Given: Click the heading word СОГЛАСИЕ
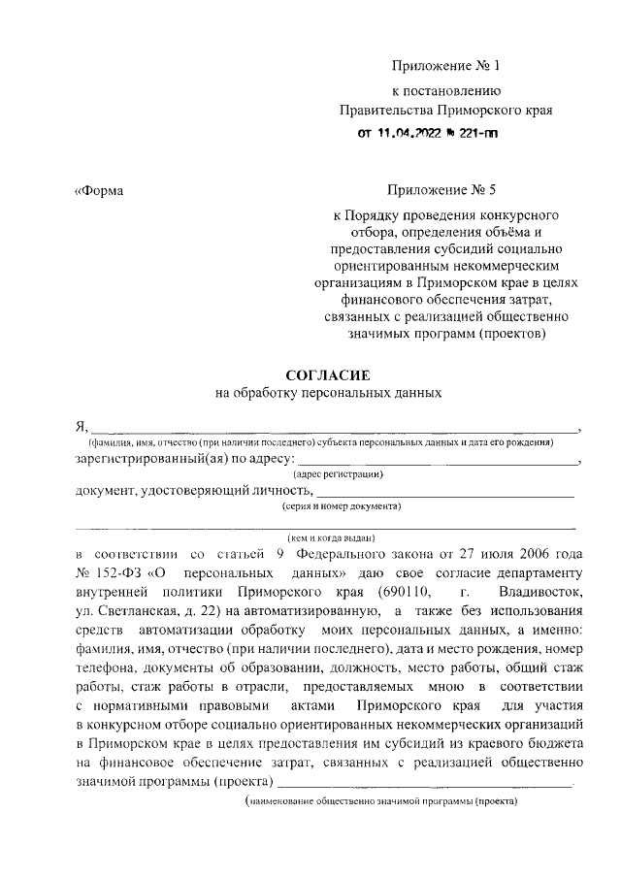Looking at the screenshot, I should click(326, 374).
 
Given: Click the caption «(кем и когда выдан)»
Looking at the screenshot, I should click(331, 537).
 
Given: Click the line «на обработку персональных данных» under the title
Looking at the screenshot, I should click(327, 394).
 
